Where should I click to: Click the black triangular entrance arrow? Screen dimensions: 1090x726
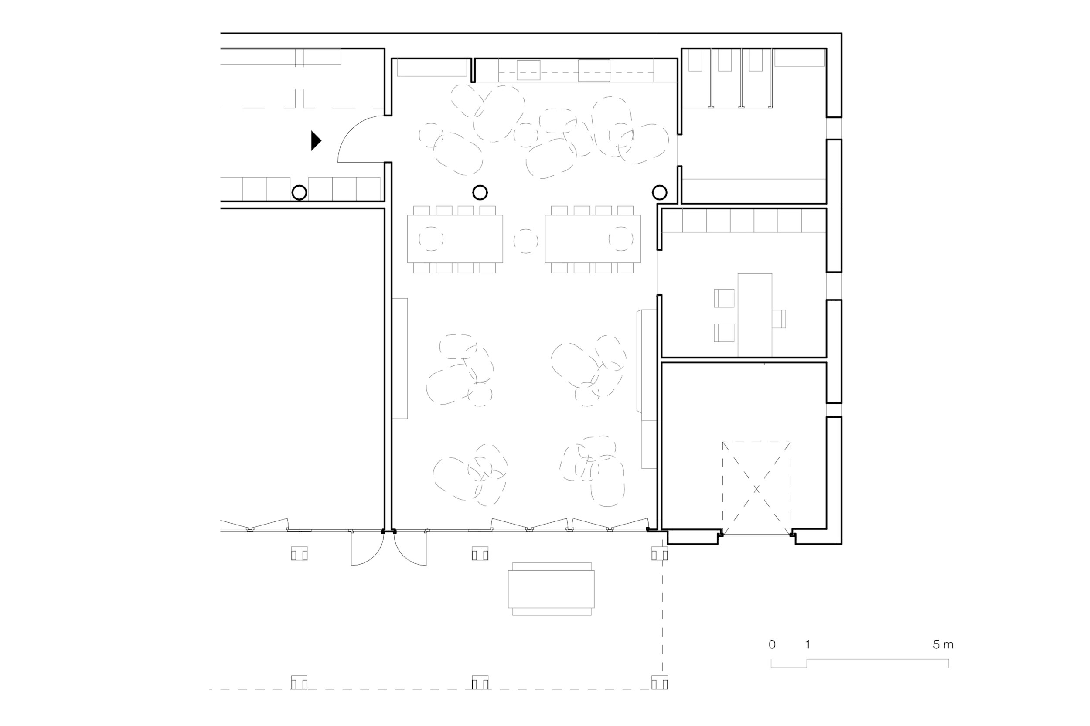click(x=316, y=141)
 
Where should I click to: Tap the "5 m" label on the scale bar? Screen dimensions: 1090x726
click(x=943, y=644)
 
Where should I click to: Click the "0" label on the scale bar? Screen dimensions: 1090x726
click(x=772, y=644)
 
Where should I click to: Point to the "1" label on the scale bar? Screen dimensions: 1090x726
click(x=807, y=644)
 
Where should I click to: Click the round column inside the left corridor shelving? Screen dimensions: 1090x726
click(x=300, y=192)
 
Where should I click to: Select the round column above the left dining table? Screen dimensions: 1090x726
click(x=480, y=192)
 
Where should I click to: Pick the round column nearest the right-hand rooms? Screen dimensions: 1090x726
click(x=660, y=192)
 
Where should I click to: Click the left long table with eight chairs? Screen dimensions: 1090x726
click(x=455, y=239)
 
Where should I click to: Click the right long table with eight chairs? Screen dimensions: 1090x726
click(x=593, y=239)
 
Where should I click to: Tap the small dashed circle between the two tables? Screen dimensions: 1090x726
click(x=526, y=241)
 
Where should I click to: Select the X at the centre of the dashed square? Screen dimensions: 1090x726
click(x=756, y=489)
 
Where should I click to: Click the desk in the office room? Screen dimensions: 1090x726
click(x=755, y=315)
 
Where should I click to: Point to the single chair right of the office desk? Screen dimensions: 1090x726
click(x=779, y=319)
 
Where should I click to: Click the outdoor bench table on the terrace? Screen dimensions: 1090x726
click(x=551, y=589)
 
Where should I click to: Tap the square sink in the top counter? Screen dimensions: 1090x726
click(x=528, y=70)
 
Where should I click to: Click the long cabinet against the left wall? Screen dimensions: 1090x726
click(x=400, y=358)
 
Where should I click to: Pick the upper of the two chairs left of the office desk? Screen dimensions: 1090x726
click(x=724, y=298)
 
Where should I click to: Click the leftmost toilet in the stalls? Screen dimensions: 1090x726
click(x=695, y=60)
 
